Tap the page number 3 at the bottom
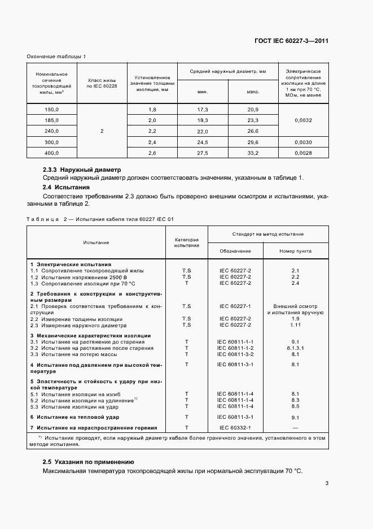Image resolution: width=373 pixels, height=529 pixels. [327, 483]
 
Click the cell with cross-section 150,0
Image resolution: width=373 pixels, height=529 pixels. [51, 109]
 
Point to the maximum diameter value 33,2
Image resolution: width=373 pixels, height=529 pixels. [253, 153]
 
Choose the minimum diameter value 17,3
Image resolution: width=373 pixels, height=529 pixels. [203, 109]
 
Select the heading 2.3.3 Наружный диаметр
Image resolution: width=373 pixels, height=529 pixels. [82, 170]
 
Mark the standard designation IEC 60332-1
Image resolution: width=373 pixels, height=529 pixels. [235, 427]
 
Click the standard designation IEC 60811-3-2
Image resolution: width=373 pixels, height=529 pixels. [235, 354]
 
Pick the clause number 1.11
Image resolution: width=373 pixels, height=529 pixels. [295, 325]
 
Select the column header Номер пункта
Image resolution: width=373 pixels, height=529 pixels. [295, 251]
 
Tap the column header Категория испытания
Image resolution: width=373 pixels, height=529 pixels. [186, 243]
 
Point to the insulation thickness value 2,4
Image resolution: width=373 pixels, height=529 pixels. [152, 142]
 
